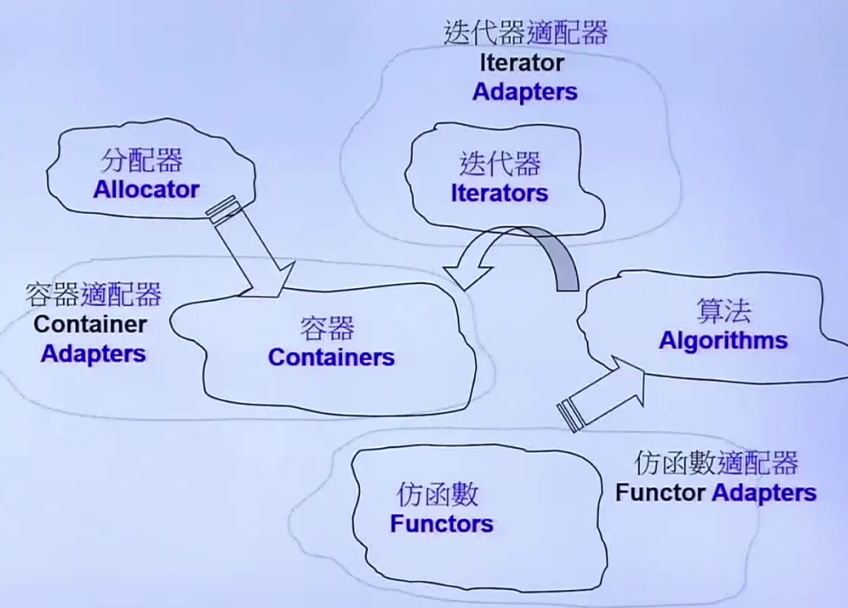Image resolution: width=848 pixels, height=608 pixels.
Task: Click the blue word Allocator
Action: pos(146,189)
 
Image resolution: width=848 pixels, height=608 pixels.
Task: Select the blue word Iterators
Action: pos(499,193)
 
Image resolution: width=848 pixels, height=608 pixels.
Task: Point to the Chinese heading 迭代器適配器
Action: pos(526,33)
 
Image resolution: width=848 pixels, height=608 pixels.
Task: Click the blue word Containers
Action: pos(331,357)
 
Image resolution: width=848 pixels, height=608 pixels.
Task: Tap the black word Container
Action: pos(91,324)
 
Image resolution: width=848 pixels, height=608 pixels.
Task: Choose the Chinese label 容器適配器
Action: pos(94,294)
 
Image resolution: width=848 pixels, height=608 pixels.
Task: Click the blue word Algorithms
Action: pos(723,340)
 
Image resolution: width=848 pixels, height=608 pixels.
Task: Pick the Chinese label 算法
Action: pos(723,311)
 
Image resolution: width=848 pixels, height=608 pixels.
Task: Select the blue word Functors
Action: pos(442,523)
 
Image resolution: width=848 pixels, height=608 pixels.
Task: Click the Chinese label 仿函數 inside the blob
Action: pos(437,495)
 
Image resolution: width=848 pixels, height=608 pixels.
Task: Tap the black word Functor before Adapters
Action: pos(660,493)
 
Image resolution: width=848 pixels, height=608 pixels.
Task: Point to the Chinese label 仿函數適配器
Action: pos(716,464)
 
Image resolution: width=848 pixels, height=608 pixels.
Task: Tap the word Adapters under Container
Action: pos(93,353)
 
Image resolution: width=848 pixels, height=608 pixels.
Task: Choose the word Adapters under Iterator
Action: pos(525,91)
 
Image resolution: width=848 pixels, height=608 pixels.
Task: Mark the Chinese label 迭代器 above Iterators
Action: pos(499,164)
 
